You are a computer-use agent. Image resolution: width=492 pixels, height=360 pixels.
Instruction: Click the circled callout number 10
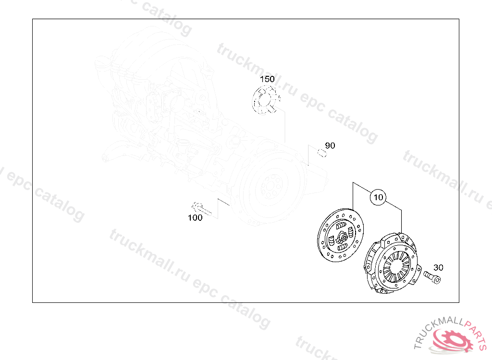[378, 197]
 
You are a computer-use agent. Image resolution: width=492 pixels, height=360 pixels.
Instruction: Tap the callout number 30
[438, 267]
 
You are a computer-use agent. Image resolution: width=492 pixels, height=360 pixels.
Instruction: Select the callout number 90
[330, 145]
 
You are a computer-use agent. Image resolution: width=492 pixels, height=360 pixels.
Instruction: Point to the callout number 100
[195, 217]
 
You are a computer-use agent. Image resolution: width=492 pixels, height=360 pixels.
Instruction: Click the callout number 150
[267, 79]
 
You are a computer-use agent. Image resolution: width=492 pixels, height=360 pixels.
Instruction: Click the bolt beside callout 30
[432, 277]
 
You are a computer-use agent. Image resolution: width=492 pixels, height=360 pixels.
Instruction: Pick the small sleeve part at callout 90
[322, 153]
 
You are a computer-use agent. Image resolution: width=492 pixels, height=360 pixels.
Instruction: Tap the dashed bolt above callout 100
[201, 209]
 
